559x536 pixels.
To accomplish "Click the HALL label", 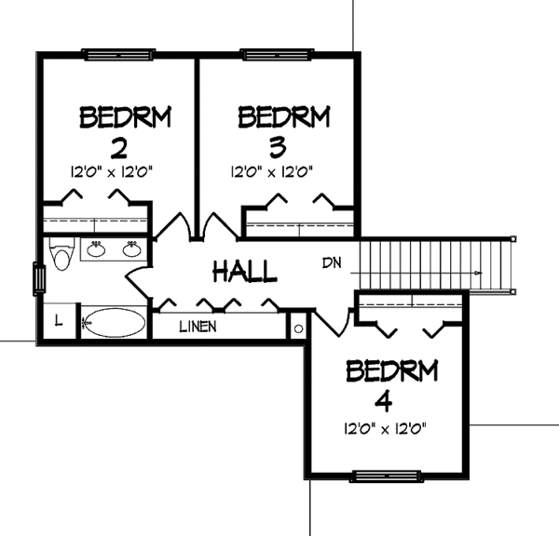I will pos(245,272).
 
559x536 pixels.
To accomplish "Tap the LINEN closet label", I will pos(198,326).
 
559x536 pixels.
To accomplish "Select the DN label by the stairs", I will pos(332,262).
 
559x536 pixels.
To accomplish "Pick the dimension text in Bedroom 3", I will pos(270,171).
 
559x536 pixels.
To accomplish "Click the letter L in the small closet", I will pos(57,321).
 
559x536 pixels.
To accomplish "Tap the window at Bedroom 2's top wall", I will pos(113,54).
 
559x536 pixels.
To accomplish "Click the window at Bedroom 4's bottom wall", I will pos(383,476).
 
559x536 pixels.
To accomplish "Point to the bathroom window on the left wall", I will pos(38,278).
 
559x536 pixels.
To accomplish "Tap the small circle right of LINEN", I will pos(298,328).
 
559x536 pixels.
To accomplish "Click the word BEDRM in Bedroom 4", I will pos(391,372).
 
